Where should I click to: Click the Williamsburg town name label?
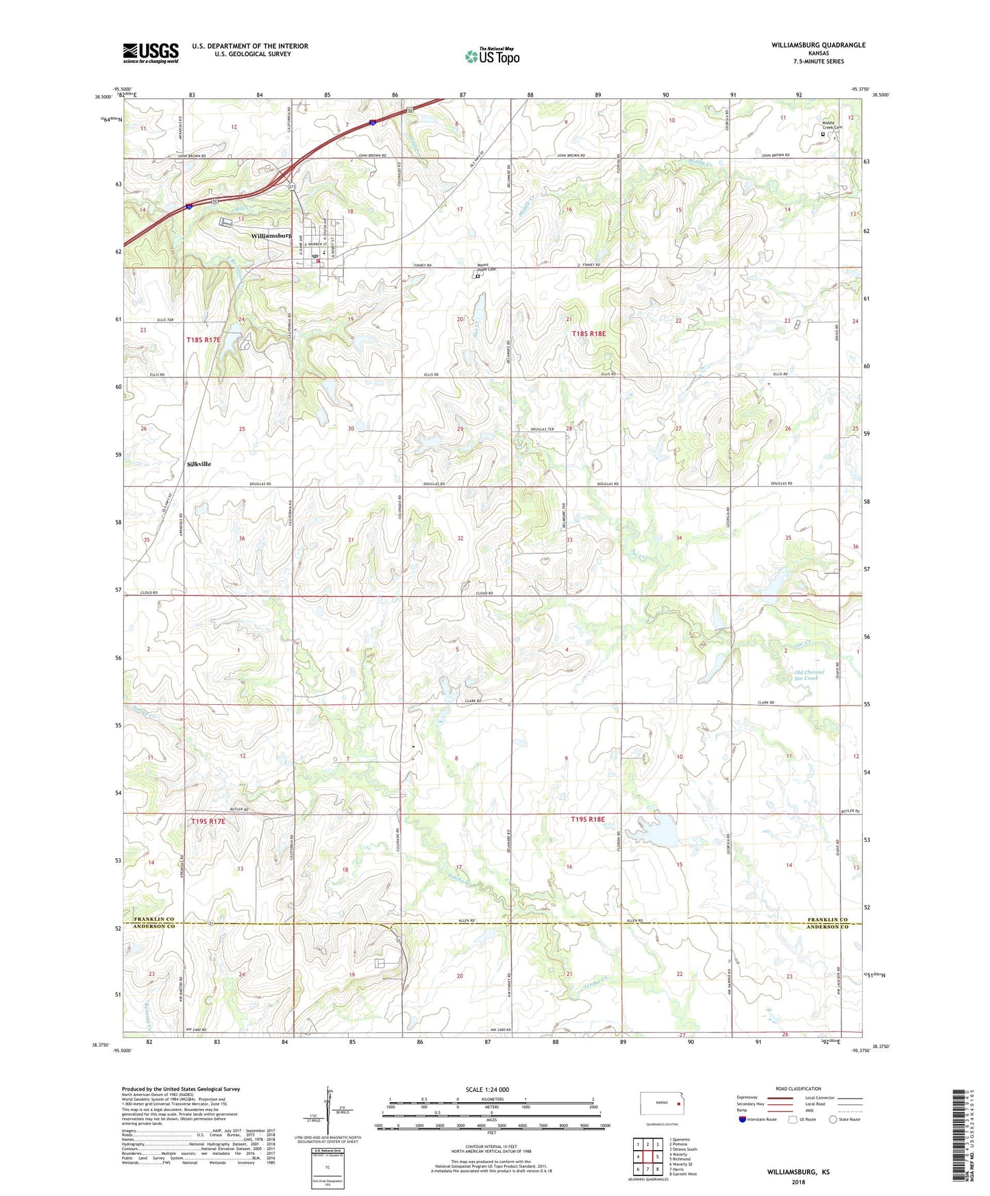coord(271,235)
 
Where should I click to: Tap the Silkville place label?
coord(199,464)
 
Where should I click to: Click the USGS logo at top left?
coord(151,53)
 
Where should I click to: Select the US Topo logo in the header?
coord(492,56)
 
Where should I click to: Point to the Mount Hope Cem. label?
coord(486,269)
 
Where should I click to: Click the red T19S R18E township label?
coord(588,819)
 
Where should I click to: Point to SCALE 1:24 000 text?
coord(487,1090)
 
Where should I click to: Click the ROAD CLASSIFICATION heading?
coord(798,1088)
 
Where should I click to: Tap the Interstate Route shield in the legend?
coord(743,1120)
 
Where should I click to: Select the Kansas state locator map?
coord(661,1104)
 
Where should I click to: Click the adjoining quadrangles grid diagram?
coord(647,1157)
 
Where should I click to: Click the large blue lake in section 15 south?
coord(662,832)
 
